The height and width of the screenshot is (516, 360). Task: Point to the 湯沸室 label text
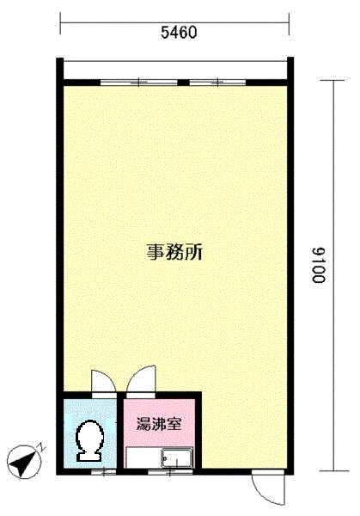click(158, 423)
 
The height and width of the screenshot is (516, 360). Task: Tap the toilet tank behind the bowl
click(89, 455)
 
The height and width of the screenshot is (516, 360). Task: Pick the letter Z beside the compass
click(39, 448)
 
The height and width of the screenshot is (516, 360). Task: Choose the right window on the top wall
click(219, 83)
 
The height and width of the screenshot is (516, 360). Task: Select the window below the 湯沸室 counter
click(163, 470)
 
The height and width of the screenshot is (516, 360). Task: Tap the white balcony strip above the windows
click(176, 70)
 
